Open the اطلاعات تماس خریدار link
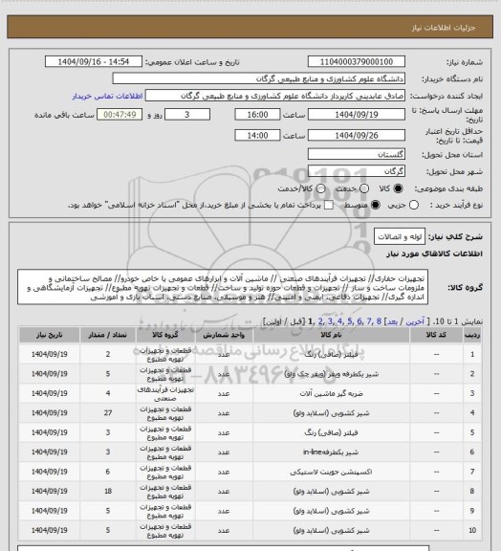103,96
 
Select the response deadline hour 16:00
257,114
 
